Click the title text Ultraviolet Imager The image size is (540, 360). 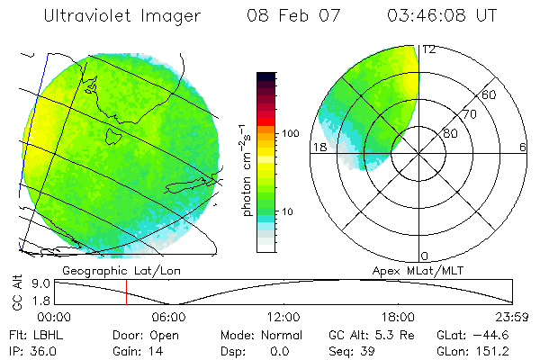(124, 16)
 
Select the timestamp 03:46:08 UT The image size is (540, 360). (443, 16)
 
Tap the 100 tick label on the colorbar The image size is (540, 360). (289, 133)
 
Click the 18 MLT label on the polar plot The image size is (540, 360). (318, 148)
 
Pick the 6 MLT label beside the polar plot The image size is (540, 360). (523, 148)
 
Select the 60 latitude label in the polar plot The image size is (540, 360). (490, 94)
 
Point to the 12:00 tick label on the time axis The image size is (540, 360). (283, 317)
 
